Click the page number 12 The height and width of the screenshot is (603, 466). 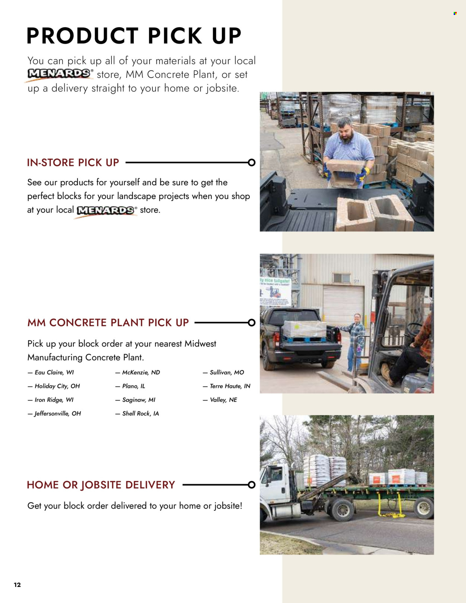pyautogui.click(x=17, y=585)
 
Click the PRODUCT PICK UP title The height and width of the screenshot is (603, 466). pyautogui.click(x=134, y=36)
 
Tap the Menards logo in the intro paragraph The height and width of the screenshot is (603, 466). pyautogui.click(x=59, y=74)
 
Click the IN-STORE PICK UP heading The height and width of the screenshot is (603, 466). pyautogui.click(x=73, y=162)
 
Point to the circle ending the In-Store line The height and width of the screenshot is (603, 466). pyautogui.click(x=252, y=162)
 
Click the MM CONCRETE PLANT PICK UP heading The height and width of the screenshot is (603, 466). pyautogui.click(x=108, y=322)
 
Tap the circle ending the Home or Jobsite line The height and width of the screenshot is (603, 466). pyautogui.click(x=252, y=485)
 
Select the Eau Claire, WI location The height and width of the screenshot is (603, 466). pyautogui.click(x=54, y=372)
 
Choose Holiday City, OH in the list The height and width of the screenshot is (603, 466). pyautogui.click(x=57, y=386)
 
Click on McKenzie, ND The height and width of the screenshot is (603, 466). pyautogui.click(x=141, y=372)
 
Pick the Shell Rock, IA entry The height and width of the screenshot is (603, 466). pyautogui.click(x=140, y=413)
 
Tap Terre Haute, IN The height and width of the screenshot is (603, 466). pyautogui.click(x=230, y=386)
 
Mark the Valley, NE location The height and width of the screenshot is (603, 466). pyautogui.click(x=223, y=400)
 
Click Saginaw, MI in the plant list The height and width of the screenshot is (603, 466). pyautogui.click(x=138, y=400)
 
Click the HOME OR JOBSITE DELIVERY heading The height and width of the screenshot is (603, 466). pyautogui.click(x=101, y=485)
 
